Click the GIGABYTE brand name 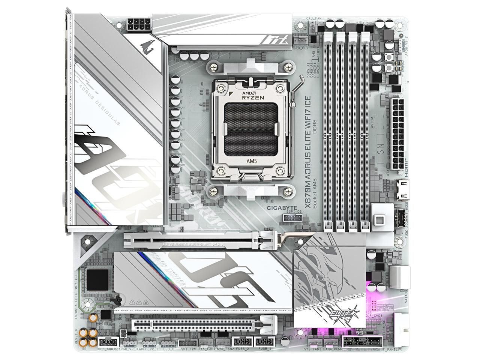coord(282,208)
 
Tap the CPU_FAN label coord(314,18)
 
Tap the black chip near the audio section coord(93,278)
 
